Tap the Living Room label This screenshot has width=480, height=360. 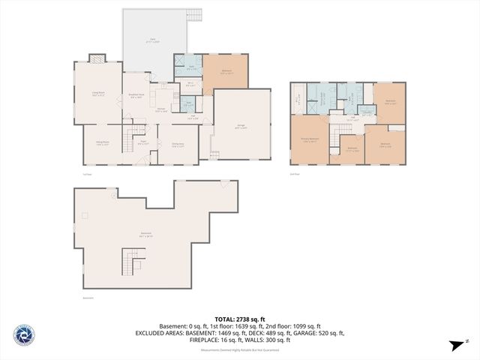point(98,94)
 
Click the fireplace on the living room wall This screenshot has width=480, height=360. point(97,58)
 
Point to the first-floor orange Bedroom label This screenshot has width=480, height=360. point(226,73)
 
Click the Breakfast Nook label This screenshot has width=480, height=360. point(136,95)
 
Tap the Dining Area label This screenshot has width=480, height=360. point(178,145)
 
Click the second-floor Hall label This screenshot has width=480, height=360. point(352,118)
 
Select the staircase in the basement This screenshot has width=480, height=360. point(130,263)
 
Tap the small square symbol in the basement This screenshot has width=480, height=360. point(85,215)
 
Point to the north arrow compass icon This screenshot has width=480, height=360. point(456,344)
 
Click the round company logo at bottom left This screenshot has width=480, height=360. point(23,336)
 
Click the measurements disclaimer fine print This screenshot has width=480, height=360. point(238,350)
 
